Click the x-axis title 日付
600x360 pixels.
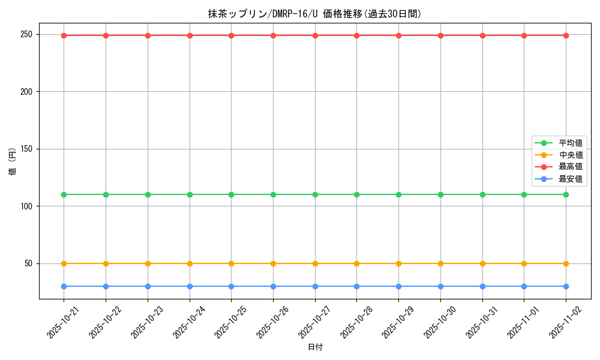click(x=315, y=347)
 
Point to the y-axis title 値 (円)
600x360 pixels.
click(x=12, y=162)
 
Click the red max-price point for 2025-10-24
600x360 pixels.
click(x=190, y=35)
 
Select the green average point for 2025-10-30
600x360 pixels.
click(x=440, y=194)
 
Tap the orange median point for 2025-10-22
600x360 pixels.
click(x=106, y=263)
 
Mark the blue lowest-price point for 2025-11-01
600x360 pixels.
click(x=524, y=286)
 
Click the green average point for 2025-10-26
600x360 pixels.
click(x=273, y=194)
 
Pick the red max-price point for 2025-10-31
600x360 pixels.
click(x=482, y=35)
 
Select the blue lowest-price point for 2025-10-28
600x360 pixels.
click(x=356, y=286)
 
